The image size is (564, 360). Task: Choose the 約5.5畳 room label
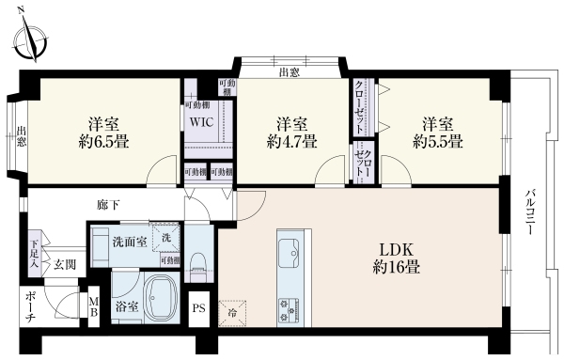pyautogui.click(x=437, y=133)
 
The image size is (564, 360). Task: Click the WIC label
pyautogui.click(x=200, y=122)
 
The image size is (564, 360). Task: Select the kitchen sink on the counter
pyautogui.click(x=290, y=250)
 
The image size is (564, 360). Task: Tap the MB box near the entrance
pyautogui.click(x=93, y=306)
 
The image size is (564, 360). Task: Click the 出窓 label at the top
pyautogui.click(x=290, y=71)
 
